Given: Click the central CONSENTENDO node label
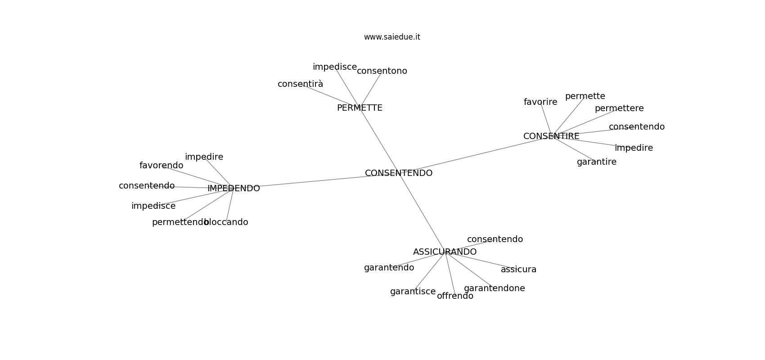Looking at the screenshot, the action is coord(399,173).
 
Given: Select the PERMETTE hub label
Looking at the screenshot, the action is coord(360,108).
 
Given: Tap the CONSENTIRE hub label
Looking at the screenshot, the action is coord(551,136).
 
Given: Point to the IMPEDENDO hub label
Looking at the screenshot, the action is coord(234,189).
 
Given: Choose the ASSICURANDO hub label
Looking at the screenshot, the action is coord(445,252).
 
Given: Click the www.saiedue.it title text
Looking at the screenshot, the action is coord(392,37).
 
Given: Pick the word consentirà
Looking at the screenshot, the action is coord(300,84).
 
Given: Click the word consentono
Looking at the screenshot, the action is coord(382,71).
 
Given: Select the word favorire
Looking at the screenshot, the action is coord(540,102).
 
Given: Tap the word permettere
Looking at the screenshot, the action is coord(619,108).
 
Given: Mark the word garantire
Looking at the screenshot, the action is coord(597,162).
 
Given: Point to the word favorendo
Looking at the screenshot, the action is coord(161,166).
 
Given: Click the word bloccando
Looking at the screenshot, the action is coord(226,222).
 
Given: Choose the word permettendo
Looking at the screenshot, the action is coord(180,222).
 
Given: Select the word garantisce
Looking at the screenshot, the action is coord(413,292).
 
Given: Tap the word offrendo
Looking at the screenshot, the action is coord(455,296).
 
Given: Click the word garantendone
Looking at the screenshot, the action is coord(494,288).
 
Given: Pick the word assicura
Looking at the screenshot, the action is coord(518,270).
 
